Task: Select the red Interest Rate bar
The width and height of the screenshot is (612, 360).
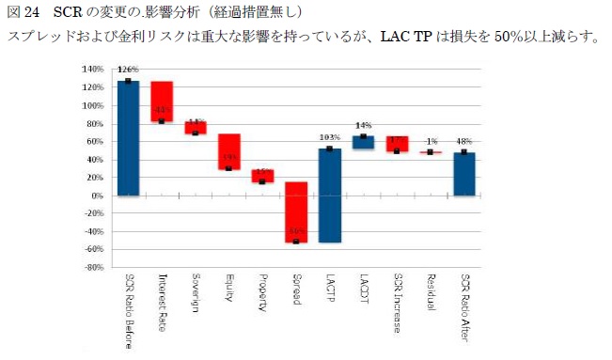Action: pyautogui.click(x=162, y=102)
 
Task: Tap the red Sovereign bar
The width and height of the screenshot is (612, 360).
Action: pyautogui.click(x=196, y=128)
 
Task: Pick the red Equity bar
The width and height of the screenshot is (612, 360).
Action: pyautogui.click(x=229, y=151)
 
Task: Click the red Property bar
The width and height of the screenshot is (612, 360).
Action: pyautogui.click(x=262, y=176)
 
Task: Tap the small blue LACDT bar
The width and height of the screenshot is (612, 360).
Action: pyautogui.click(x=363, y=143)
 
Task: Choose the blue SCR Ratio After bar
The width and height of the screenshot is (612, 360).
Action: pyautogui.click(x=463, y=174)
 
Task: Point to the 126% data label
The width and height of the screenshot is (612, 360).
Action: pyautogui.click(x=129, y=70)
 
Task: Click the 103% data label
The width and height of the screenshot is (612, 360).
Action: pyautogui.click(x=329, y=138)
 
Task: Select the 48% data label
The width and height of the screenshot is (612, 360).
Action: pyautogui.click(x=463, y=142)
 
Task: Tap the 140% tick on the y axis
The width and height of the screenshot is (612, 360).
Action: pyautogui.click(x=92, y=70)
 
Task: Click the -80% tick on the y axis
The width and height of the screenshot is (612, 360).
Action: pyautogui.click(x=92, y=268)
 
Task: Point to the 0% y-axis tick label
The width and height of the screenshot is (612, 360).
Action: pyautogui.click(x=97, y=196)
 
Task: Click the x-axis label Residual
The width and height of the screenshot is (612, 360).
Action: pyautogui.click(x=430, y=295)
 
